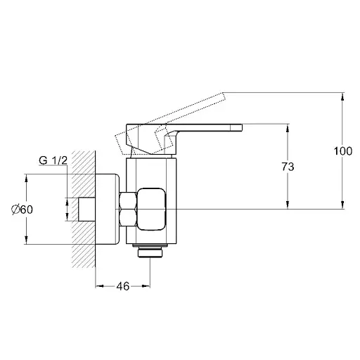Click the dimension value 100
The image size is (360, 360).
tap(343, 151)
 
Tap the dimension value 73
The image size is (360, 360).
tap(288, 167)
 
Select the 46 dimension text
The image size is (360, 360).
tap(123, 286)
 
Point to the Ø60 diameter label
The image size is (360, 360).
tap(22, 210)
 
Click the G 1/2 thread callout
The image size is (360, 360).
tap(53, 160)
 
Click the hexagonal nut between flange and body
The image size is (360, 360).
tap(128, 209)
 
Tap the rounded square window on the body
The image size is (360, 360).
tap(152, 209)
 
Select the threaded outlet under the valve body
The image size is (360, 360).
tap(150, 251)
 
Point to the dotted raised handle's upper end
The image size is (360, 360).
tap(223, 96)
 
